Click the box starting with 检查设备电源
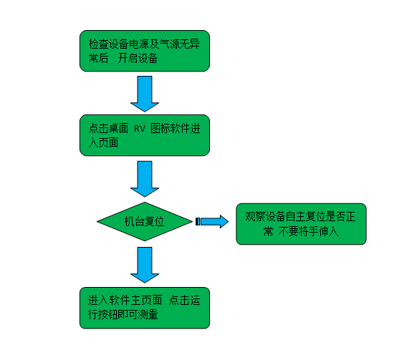coord(145,51)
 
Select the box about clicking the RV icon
coord(145,135)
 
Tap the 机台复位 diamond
coord(145,221)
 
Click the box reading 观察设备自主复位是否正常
coord(301,224)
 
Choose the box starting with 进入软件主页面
coord(145,308)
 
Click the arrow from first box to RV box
coord(145,94)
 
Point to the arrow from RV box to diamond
coord(145,179)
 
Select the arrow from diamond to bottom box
coord(145,265)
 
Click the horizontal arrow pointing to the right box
coord(212,221)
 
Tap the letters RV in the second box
coord(140,129)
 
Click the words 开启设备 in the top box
coord(138,58)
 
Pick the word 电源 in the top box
coord(139,44)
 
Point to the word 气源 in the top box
coord(169,44)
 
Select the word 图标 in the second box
coord(161,128)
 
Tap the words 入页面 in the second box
coord(104,143)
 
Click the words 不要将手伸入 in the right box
coord(308,231)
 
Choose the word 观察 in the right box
coord(255,217)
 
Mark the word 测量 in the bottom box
coord(148,314)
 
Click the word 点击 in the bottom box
coord(179,300)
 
